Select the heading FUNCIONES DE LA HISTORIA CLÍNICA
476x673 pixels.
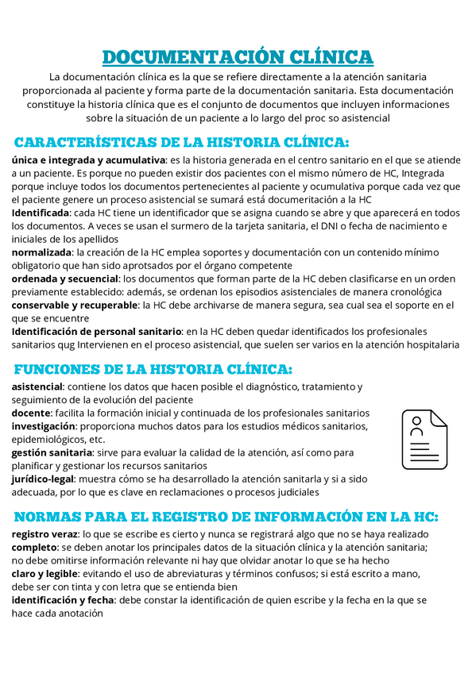tap(153, 369)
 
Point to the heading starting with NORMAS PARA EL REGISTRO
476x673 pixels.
tap(226, 517)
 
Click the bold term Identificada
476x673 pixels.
tap(41, 213)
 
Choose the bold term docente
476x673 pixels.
tap(30, 413)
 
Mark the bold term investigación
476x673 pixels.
tap(43, 426)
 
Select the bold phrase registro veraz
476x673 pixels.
tap(45, 534)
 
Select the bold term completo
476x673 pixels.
tap(34, 548)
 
